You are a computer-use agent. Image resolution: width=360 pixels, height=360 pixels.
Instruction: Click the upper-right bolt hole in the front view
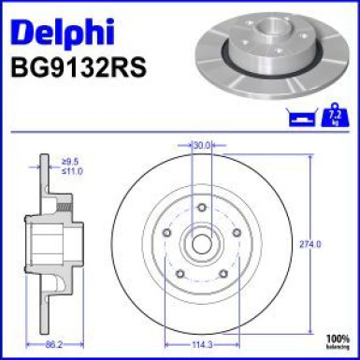pos(238,233)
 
